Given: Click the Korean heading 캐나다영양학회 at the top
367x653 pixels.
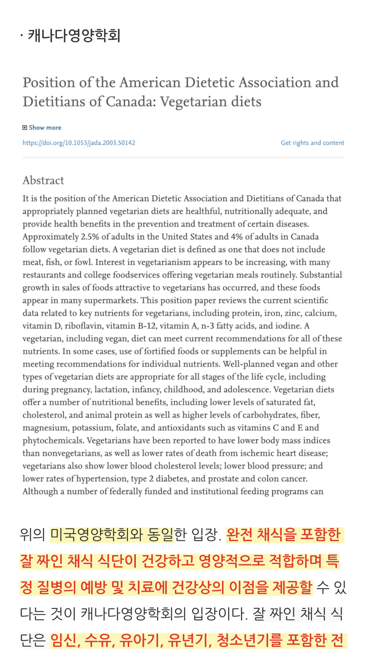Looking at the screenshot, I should [x=74, y=36].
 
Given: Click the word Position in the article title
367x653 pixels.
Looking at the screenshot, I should [x=49, y=82].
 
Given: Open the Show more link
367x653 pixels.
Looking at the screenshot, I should [x=45, y=128].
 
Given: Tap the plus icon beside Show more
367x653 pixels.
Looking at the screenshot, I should [x=25, y=128].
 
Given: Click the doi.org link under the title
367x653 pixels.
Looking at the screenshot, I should [x=79, y=143].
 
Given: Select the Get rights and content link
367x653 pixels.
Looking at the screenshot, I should [x=312, y=143].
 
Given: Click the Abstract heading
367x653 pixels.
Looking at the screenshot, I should [x=43, y=180].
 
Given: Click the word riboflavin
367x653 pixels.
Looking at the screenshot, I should [x=84, y=326].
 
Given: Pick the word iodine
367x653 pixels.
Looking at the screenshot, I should [x=289, y=326].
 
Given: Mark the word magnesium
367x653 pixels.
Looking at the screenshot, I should [x=45, y=428].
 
